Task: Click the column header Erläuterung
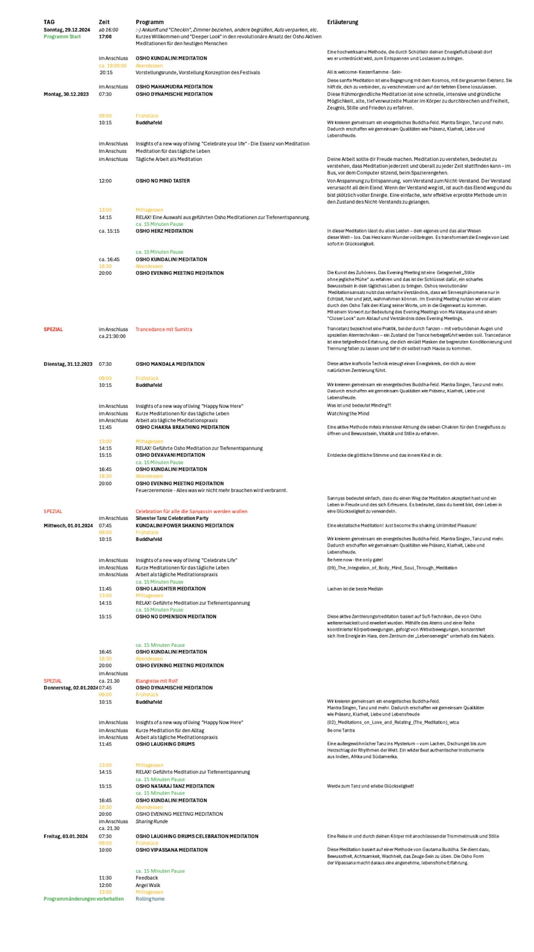click(343, 22)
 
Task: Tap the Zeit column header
click(104, 22)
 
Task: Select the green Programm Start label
click(62, 37)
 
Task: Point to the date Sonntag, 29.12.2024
click(67, 30)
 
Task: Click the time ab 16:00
click(108, 30)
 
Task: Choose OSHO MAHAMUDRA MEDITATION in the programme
click(174, 87)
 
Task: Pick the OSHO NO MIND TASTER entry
click(162, 181)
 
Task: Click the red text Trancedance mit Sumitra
click(164, 329)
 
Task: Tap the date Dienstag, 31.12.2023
click(68, 364)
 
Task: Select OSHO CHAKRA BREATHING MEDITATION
click(182, 427)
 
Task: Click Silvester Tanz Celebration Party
click(172, 518)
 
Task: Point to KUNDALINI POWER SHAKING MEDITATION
click(185, 526)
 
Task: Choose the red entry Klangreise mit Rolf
click(156, 681)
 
